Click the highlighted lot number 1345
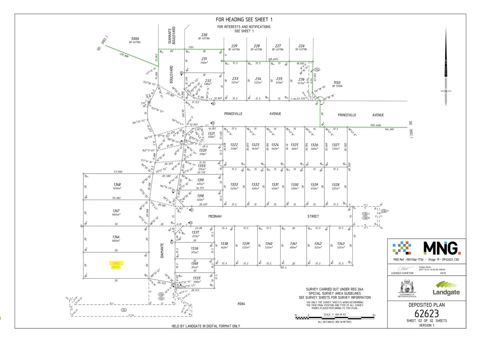pyautogui.click(x=116, y=263)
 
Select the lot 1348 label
pyautogui.click(x=117, y=184)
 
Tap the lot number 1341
pyautogui.click(x=293, y=244)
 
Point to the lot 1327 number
pyautogui.click(x=336, y=145)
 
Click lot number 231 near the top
pyautogui.click(x=204, y=59)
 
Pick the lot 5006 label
pyautogui.click(x=135, y=39)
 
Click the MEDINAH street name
pyautogui.click(x=215, y=216)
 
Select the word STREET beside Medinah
pyautogui.click(x=313, y=216)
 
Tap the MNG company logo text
pyautogui.click(x=442, y=248)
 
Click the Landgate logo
pyautogui.click(x=446, y=288)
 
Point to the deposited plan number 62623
pyautogui.click(x=427, y=314)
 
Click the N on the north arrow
pyautogui.click(x=446, y=91)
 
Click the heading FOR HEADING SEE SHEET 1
pyautogui.click(x=244, y=20)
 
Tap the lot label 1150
pyautogui.click(x=337, y=83)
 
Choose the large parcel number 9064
pyautogui.click(x=241, y=304)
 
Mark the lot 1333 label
pyautogui.click(x=234, y=184)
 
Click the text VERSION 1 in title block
pyautogui.click(x=427, y=325)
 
